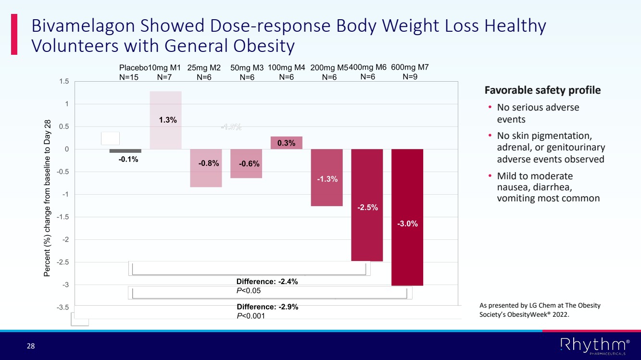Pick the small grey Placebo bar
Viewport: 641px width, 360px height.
click(x=126, y=151)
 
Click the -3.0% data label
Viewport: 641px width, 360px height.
click(x=407, y=223)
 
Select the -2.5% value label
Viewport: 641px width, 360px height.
click(x=367, y=208)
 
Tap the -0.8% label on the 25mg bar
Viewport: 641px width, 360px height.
click(x=209, y=163)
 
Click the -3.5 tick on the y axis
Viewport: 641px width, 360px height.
click(x=63, y=307)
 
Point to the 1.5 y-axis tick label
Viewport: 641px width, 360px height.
click(x=63, y=82)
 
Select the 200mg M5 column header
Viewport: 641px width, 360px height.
click(x=329, y=68)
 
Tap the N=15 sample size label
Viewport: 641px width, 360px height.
click(x=129, y=77)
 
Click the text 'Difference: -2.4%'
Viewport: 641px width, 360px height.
click(x=267, y=282)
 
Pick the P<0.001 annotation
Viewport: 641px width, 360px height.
click(x=251, y=316)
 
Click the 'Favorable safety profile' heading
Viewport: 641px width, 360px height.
click(x=542, y=90)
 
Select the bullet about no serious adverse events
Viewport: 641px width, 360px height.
click(x=538, y=113)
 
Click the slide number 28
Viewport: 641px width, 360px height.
click(x=30, y=346)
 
